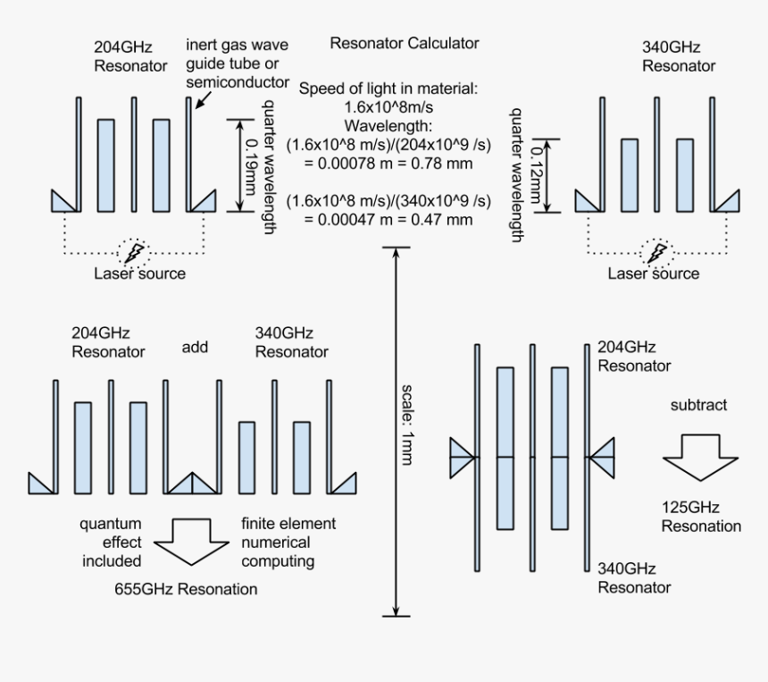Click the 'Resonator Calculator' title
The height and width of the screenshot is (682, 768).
click(404, 43)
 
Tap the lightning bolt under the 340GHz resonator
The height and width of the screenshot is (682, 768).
click(656, 252)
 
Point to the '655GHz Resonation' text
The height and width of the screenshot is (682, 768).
click(186, 589)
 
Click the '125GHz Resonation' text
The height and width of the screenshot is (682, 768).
click(700, 518)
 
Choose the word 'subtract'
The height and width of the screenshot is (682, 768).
click(698, 405)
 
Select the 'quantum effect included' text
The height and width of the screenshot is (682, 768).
click(110, 542)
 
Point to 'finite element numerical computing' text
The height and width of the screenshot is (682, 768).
click(276, 542)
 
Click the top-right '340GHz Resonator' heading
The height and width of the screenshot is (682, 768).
click(679, 55)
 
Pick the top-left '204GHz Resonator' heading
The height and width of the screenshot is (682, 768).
click(130, 55)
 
